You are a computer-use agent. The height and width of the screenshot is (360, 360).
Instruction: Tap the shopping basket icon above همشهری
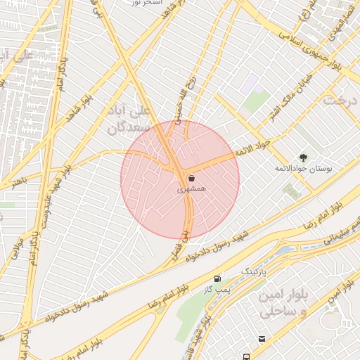pos(191,179)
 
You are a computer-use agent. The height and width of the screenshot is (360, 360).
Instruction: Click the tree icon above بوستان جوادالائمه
pos(303,157)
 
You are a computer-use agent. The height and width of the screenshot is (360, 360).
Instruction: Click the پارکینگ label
pos(255,271)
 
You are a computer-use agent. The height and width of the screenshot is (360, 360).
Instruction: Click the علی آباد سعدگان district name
pos(135,120)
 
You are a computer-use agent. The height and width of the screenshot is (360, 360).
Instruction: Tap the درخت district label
pos(340,100)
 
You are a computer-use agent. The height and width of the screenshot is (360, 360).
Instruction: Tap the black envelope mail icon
pos(262,339)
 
